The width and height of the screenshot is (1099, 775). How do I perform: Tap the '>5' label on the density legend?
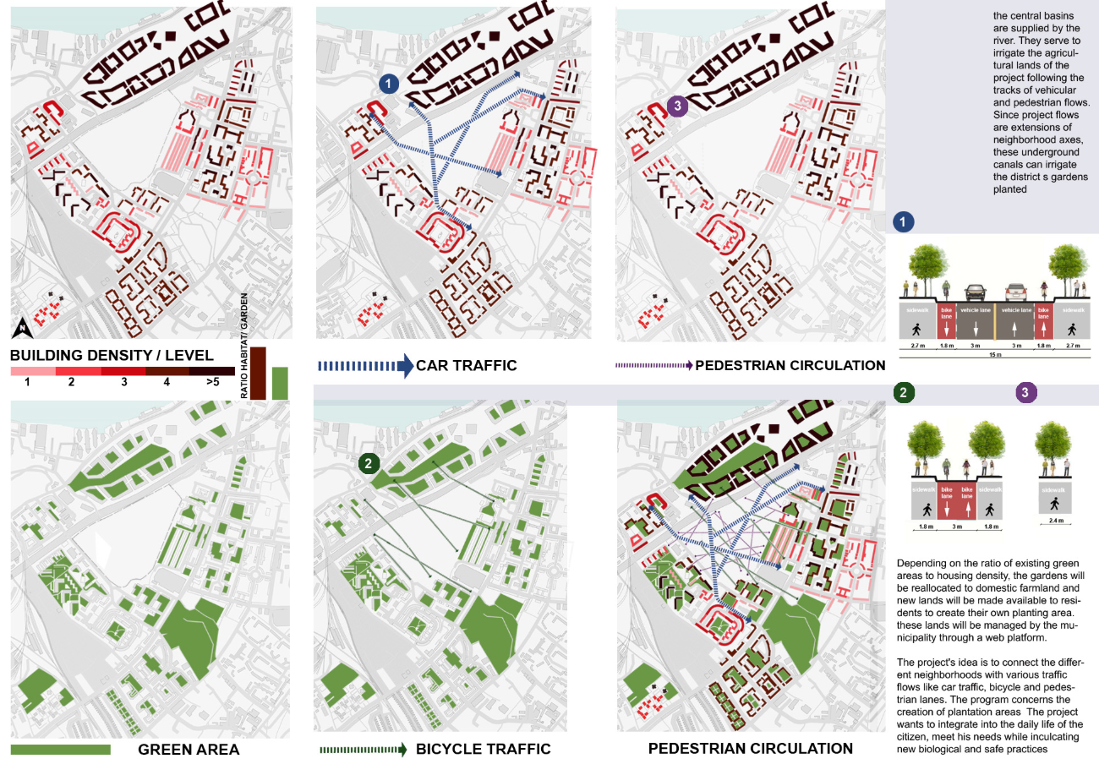coord(212,383)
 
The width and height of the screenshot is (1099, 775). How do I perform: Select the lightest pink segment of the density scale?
coord(32,371)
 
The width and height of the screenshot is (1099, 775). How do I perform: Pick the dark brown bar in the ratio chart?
coord(258,373)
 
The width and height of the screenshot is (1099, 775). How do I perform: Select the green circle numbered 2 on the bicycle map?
coord(369,462)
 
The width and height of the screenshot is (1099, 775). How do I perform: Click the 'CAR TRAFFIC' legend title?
coord(466,366)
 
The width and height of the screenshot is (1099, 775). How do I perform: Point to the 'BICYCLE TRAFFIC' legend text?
coord(483,749)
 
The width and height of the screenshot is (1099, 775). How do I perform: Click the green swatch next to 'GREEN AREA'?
coord(61,750)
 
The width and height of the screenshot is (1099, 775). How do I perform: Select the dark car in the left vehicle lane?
coord(974,292)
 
